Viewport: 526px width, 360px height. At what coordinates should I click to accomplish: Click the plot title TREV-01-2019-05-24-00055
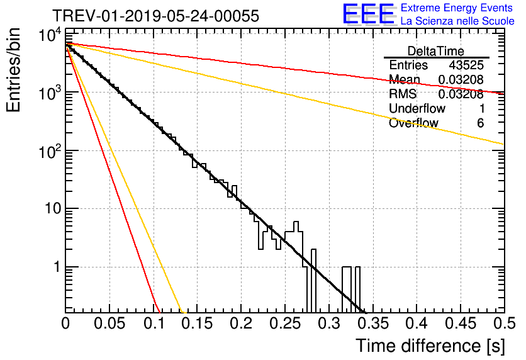(155, 16)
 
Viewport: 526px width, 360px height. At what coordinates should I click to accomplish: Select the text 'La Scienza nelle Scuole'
(457, 21)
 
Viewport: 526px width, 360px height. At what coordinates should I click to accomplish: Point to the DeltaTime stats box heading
(436, 51)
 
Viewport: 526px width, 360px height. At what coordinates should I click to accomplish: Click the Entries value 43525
(466, 65)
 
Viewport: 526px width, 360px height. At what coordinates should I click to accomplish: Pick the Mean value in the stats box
(461, 80)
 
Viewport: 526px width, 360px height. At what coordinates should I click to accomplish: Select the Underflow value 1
(480, 109)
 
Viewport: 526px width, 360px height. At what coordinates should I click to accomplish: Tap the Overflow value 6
(480, 123)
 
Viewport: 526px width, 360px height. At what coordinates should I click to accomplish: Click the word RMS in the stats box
(403, 94)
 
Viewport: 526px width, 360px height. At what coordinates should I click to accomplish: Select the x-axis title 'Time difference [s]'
(429, 346)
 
